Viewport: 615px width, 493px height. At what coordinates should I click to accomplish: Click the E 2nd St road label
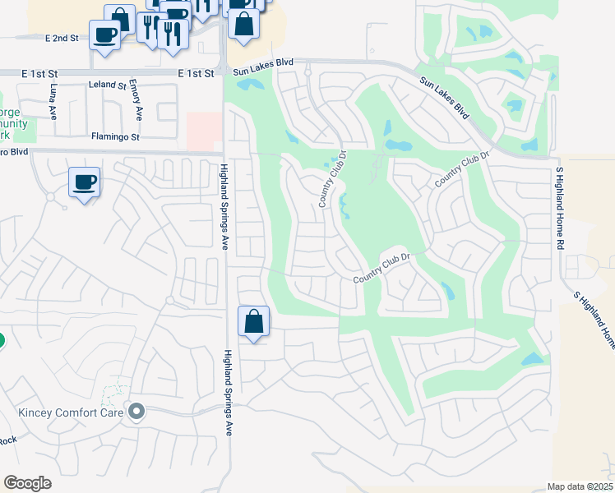pyautogui.click(x=62, y=39)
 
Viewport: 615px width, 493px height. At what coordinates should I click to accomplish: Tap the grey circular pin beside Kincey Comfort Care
pyautogui.click(x=136, y=411)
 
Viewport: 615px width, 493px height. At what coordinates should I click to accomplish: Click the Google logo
pyautogui.click(x=27, y=483)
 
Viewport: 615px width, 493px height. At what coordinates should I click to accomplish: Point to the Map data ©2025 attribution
pyautogui.click(x=580, y=486)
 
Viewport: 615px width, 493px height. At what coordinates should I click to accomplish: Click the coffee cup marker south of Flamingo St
pyautogui.click(x=84, y=182)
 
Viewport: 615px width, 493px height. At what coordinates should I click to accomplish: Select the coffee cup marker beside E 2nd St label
pyautogui.click(x=105, y=35)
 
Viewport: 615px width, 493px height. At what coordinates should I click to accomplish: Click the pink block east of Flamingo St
pyautogui.click(x=204, y=130)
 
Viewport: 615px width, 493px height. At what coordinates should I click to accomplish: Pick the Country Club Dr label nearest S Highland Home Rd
pyautogui.click(x=462, y=168)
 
